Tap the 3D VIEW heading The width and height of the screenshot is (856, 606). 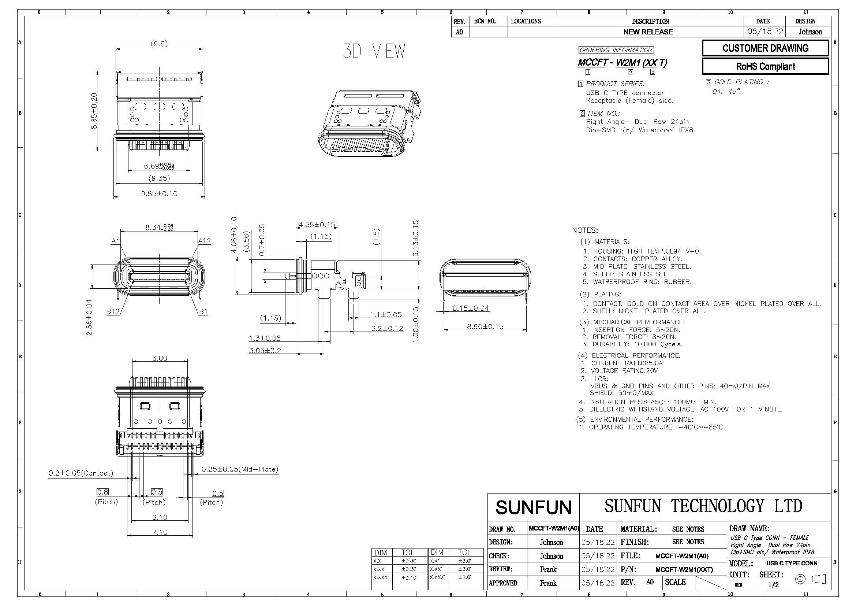coord(374,51)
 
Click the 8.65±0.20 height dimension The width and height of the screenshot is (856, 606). coord(94,111)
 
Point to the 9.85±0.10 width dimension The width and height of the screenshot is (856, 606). coord(159,194)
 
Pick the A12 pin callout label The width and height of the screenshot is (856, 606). coord(204,241)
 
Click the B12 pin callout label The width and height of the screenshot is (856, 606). coord(113,311)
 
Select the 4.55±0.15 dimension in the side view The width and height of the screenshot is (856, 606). coord(317,225)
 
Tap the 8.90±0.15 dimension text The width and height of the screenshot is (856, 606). coord(485,326)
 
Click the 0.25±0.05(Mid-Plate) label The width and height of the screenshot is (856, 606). coord(240,469)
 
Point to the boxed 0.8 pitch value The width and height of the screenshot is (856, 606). coord(103,492)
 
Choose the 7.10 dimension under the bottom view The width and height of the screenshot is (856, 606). coord(160,532)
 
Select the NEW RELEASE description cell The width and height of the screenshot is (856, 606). coord(648,32)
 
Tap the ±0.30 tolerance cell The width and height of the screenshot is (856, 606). coord(409,561)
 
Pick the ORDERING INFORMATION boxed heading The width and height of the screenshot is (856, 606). coord(616,50)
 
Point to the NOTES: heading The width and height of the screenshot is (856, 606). coord(585,230)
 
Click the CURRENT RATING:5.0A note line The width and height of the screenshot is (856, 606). coord(627,363)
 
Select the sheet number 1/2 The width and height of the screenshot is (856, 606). coord(773,585)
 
